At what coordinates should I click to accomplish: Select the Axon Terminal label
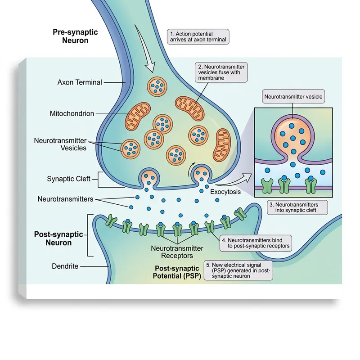coord(80,82)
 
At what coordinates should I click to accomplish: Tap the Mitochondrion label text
coord(72,114)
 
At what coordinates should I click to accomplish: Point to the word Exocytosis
coord(225,192)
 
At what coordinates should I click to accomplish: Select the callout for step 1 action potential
coord(198,36)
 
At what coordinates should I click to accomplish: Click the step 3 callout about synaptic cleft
coord(297,207)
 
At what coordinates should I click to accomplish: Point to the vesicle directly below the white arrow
coord(158,86)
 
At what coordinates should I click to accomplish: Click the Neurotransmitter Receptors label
coord(176,252)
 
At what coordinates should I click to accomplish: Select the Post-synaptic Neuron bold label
coord(53,238)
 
